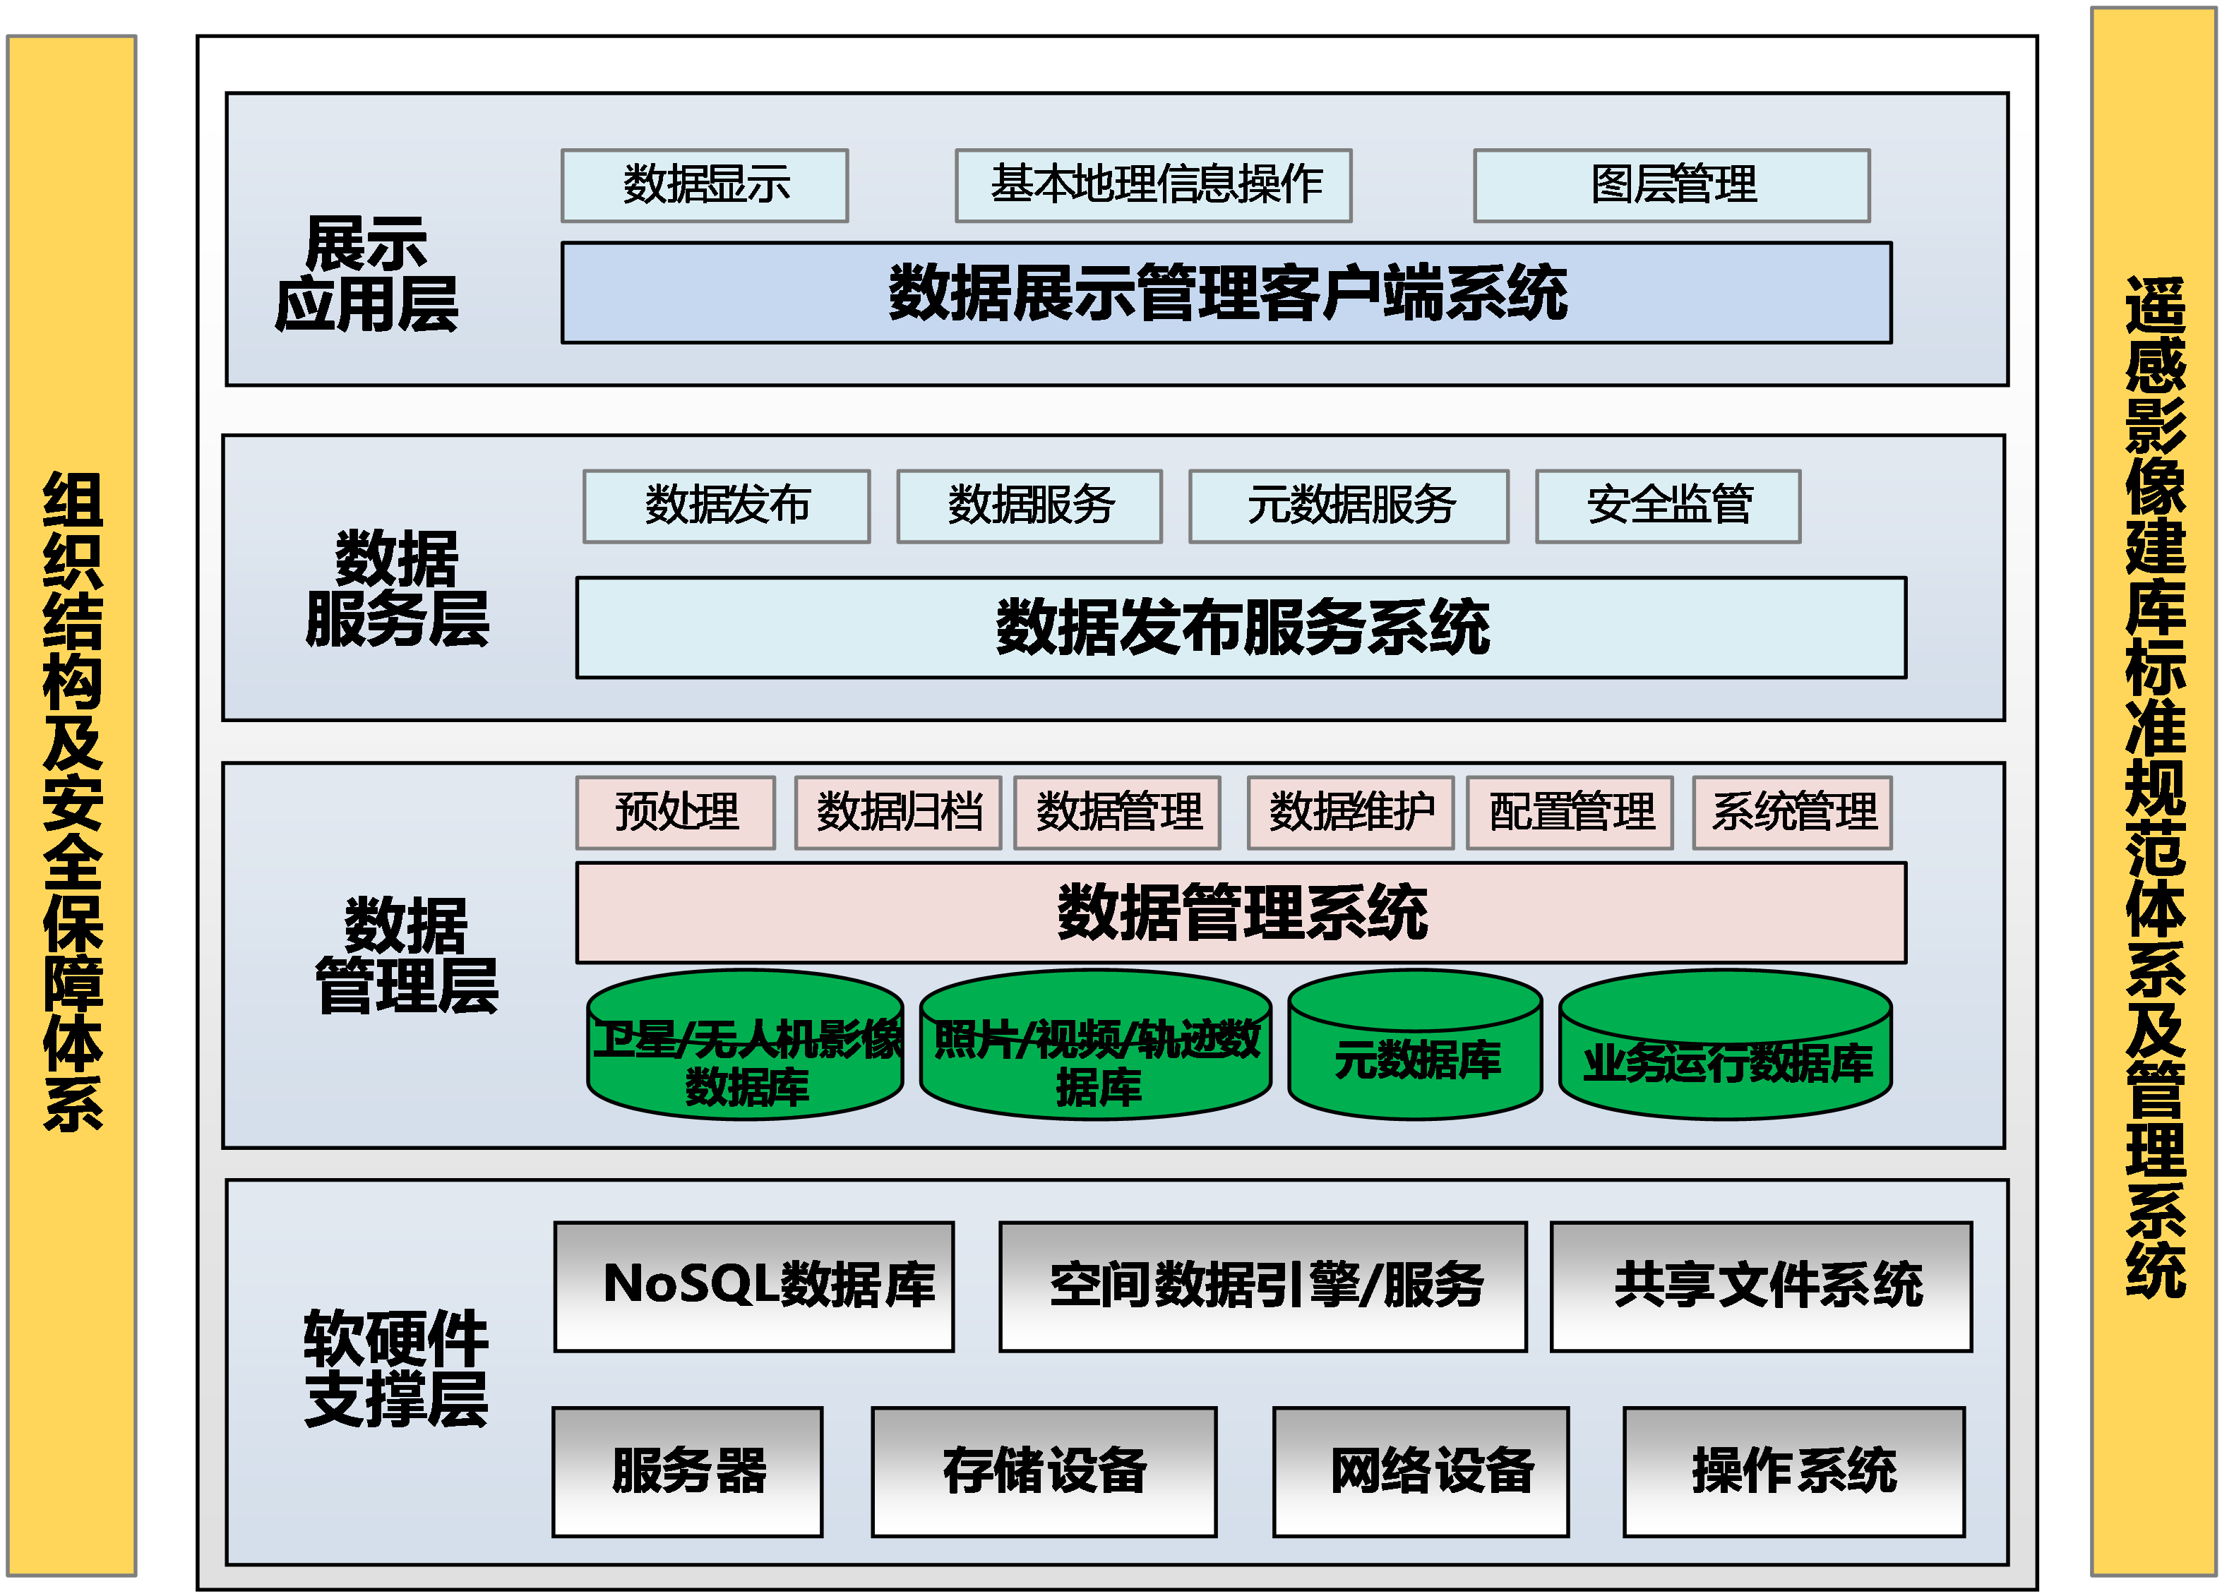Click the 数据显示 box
(705, 185)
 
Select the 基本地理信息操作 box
(1153, 185)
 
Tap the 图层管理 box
(1671, 185)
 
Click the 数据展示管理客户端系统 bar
(1226, 293)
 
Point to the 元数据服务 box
(1348, 505)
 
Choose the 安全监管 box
(1668, 505)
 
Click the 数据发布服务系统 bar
(1241, 627)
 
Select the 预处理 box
(675, 812)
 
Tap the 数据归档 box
(897, 812)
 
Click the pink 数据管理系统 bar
(1241, 912)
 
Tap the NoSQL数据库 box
(753, 1286)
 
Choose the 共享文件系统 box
(1760, 1286)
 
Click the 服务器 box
(687, 1472)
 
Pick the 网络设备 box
(1421, 1472)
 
